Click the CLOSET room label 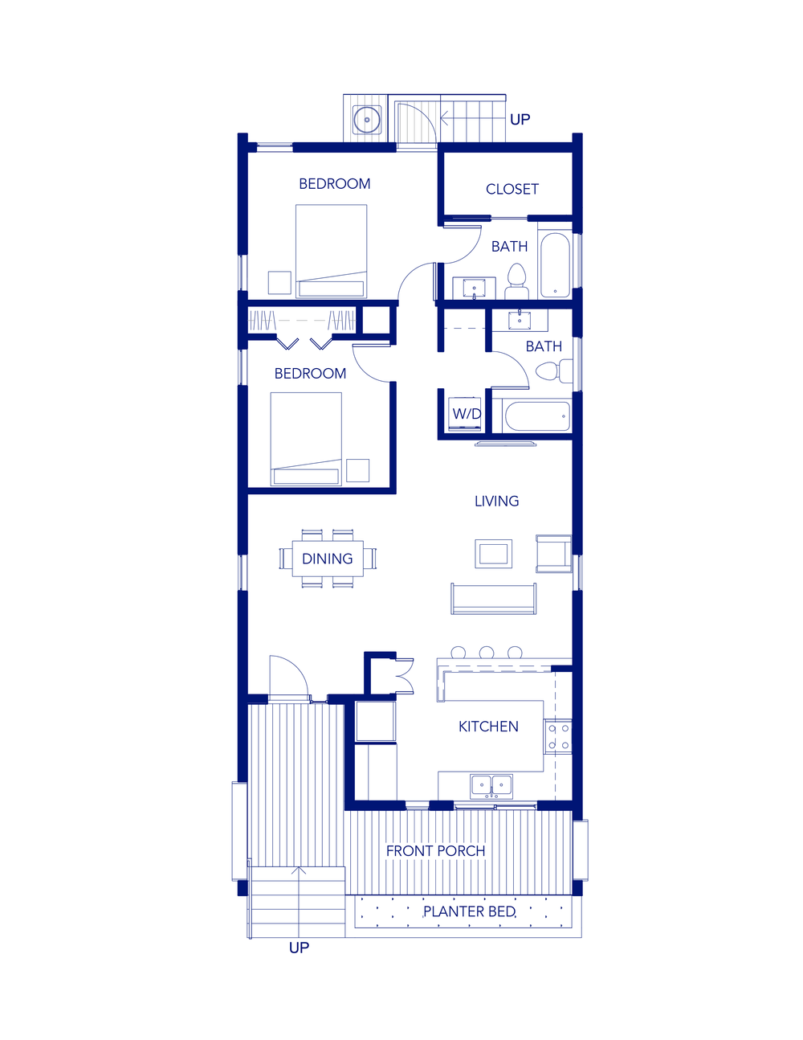[512, 189]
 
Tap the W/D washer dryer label [467, 414]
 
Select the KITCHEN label [488, 727]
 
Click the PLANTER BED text [469, 911]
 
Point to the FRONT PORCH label [435, 850]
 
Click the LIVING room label [496, 501]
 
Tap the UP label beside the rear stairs [520, 120]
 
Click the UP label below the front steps [299, 948]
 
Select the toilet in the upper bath [516, 280]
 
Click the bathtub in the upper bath [555, 264]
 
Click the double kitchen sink [491, 785]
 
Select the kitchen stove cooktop [558, 737]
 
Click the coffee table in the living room [493, 553]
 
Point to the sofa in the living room [493, 600]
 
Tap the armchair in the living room [553, 553]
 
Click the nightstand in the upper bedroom [279, 283]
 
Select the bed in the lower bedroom [306, 439]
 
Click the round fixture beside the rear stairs [367, 120]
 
